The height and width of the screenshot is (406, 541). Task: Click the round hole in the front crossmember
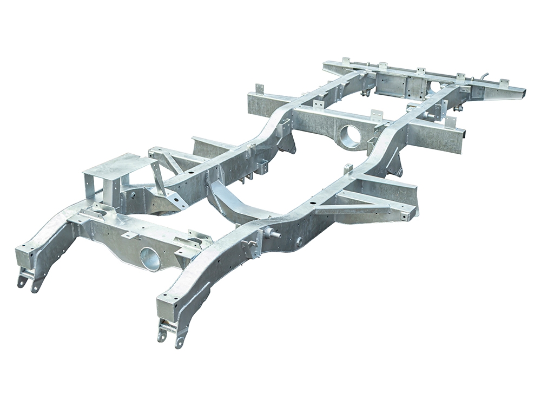pyautogui.click(x=150, y=258)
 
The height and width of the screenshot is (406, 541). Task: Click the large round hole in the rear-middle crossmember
pyautogui.click(x=351, y=136)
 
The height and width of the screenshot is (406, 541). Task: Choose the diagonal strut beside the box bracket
pyautogui.click(x=160, y=179)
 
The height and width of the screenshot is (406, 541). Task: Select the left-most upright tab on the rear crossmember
pyautogui.click(x=345, y=61)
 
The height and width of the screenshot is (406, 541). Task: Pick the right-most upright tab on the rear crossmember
pyautogui.click(x=504, y=83)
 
